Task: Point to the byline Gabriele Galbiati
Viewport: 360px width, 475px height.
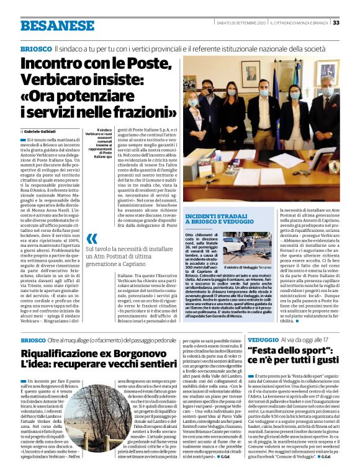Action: click(x=42, y=132)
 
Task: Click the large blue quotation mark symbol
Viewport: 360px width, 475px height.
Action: click(x=92, y=239)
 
